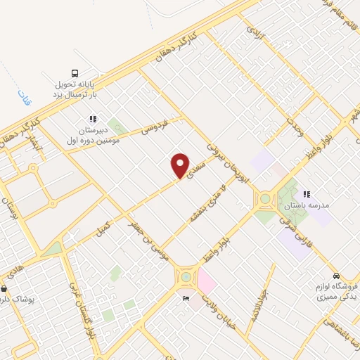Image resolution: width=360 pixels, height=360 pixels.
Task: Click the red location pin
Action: pos(180,166)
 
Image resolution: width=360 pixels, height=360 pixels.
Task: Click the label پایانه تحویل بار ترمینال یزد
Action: pos(76,89)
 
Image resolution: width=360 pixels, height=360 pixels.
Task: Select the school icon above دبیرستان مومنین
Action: pos(92,119)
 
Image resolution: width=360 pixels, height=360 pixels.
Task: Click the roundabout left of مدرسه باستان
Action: pos(265,198)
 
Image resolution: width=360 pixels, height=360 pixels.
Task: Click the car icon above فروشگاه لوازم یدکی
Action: pos(337,276)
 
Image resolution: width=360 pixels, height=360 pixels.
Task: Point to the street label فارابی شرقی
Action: pos(296,229)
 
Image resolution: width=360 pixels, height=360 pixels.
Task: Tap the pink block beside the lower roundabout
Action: pos(206,282)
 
